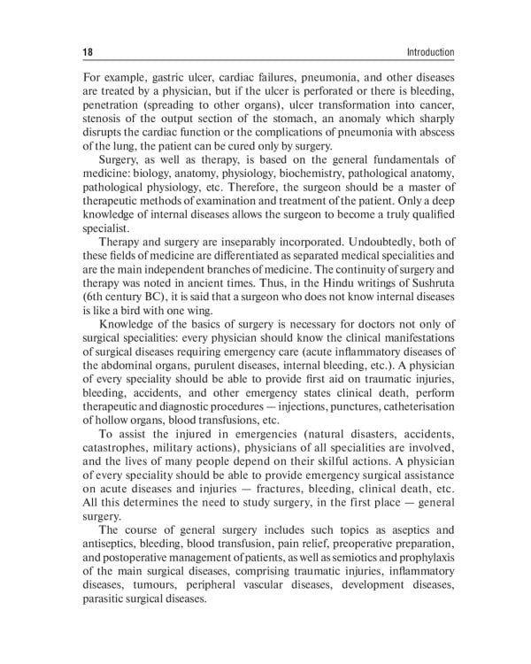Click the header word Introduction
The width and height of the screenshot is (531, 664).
coord(427,53)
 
